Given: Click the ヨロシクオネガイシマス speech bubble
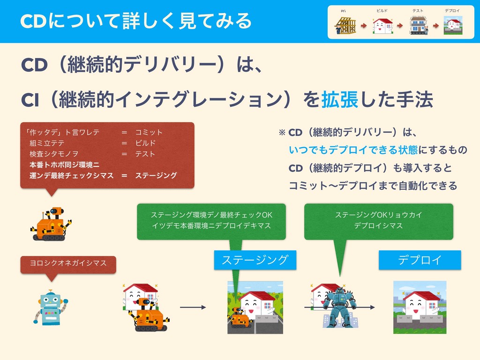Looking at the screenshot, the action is click(x=68, y=263).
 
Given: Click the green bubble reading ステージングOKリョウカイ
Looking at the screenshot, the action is click(x=378, y=220).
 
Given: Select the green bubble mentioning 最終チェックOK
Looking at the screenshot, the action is click(x=211, y=220).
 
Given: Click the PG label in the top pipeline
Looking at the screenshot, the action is click(x=344, y=10).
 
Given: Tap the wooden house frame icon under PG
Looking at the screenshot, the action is click(x=345, y=25).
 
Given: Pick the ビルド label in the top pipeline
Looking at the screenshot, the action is click(x=382, y=10).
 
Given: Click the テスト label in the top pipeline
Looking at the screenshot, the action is click(x=418, y=10).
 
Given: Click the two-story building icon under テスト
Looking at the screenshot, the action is click(x=418, y=25).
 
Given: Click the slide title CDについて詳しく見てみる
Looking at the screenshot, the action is click(x=136, y=21).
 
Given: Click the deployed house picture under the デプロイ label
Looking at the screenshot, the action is click(x=420, y=307).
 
